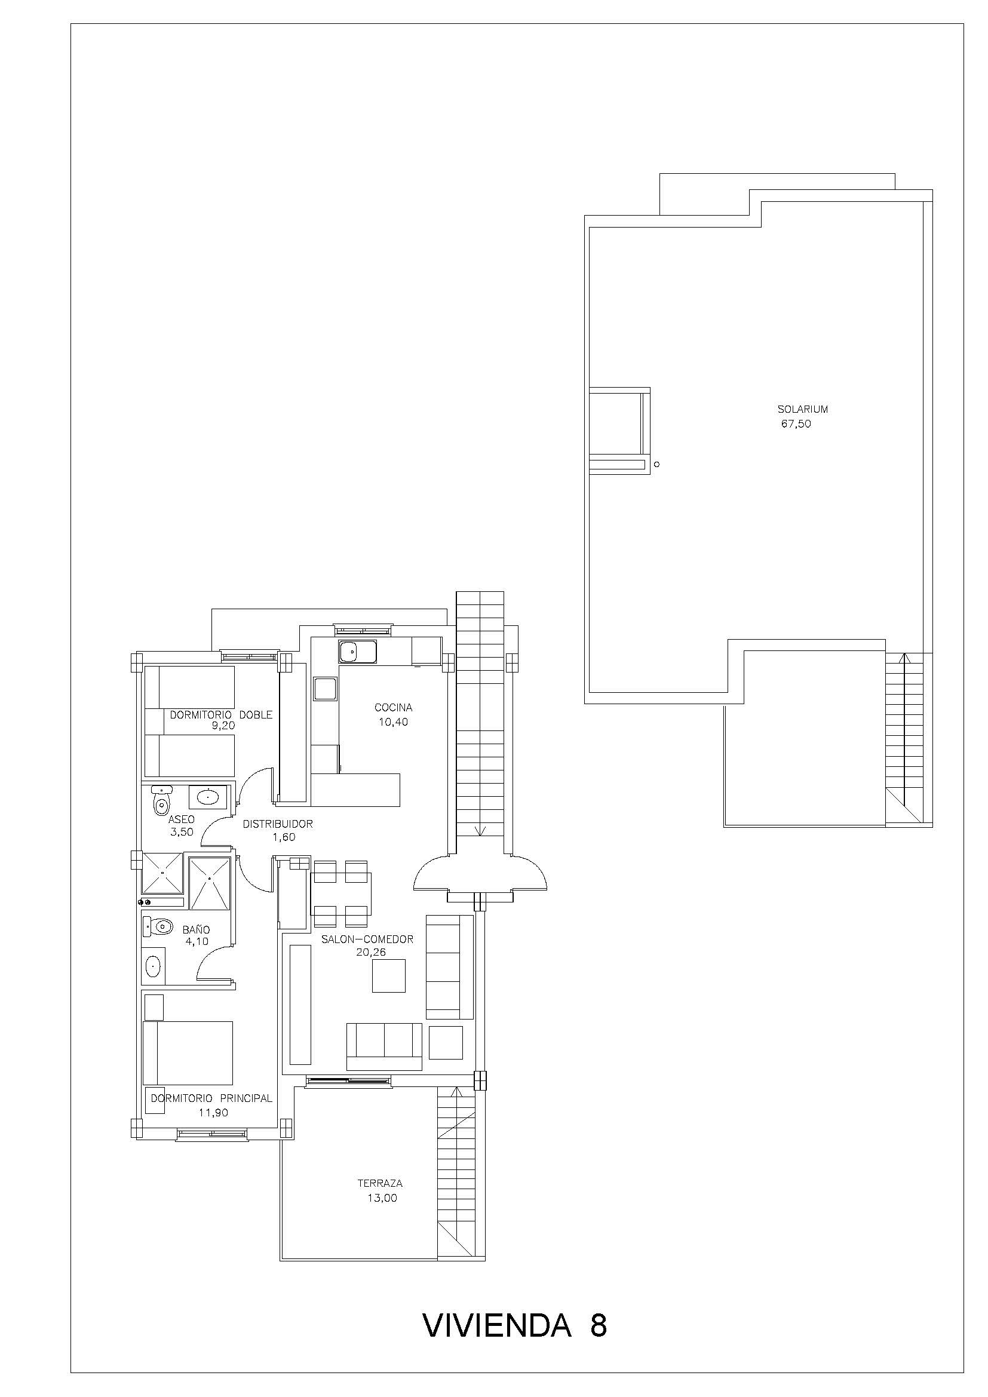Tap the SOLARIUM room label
(802, 410)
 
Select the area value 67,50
(796, 424)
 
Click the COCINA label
(394, 708)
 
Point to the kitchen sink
(358, 652)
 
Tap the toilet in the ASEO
(161, 801)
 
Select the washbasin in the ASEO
(207, 797)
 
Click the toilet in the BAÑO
(158, 927)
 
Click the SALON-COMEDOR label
(367, 939)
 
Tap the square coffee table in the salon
(389, 975)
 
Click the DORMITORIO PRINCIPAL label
(211, 1098)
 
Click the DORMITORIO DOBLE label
(221, 715)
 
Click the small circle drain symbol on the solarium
(656, 464)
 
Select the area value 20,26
(371, 952)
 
